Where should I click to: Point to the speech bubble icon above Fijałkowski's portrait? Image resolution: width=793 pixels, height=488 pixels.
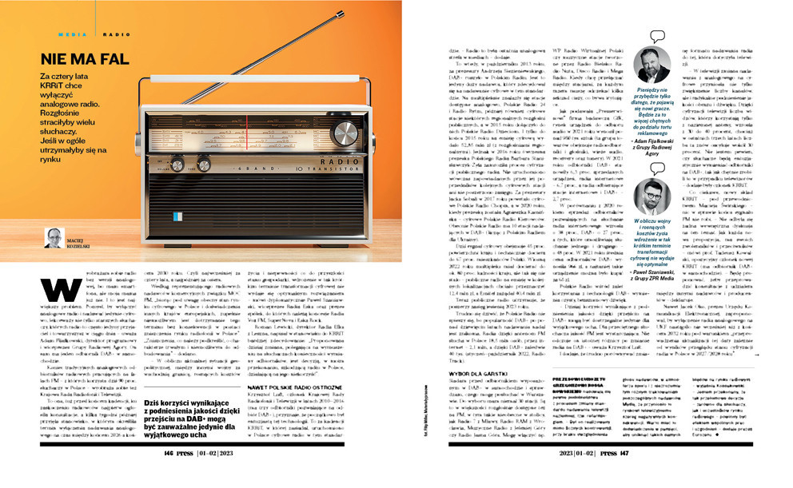tap(657, 37)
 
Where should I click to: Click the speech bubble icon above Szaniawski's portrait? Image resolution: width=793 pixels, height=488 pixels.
tap(658, 169)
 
